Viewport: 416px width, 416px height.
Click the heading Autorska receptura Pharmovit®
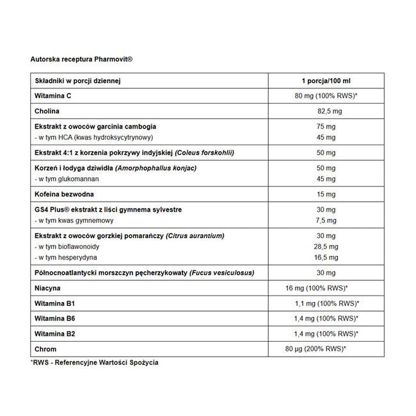click(81, 59)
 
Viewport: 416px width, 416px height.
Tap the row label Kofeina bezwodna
click(63, 193)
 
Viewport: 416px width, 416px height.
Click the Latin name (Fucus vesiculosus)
click(221, 273)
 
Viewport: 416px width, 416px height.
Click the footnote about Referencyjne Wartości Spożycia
click(94, 362)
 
